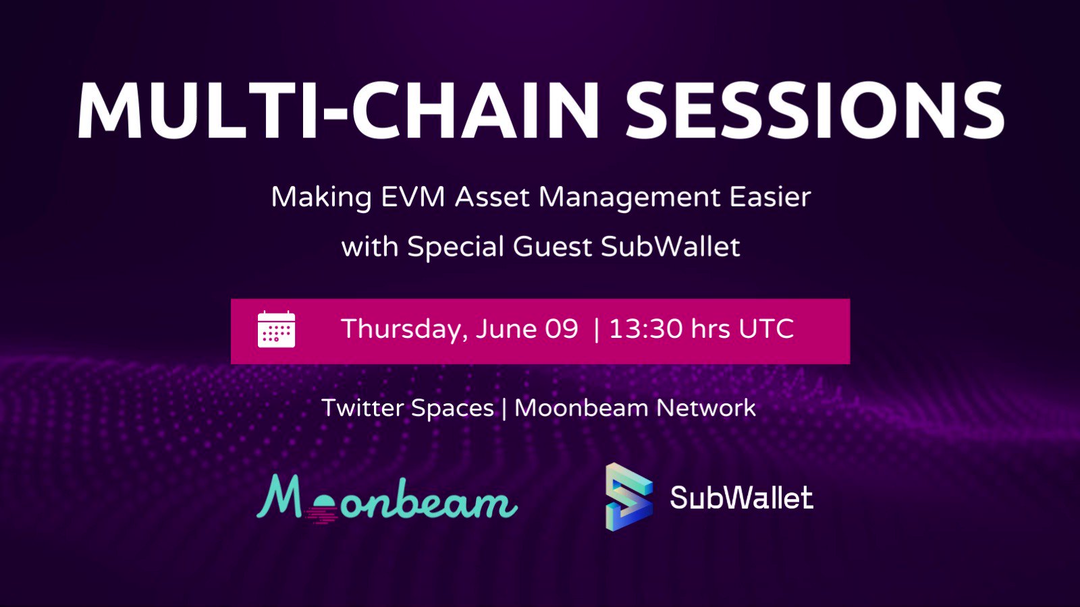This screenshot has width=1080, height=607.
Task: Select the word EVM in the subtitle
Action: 412,197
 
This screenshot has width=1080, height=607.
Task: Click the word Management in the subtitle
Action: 629,197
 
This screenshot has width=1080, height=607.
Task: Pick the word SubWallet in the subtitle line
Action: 670,247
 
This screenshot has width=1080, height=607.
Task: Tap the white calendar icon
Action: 276,330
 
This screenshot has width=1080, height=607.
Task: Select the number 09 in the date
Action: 562,329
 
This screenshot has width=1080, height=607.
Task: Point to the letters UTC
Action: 766,329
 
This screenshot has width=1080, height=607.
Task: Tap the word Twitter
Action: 362,408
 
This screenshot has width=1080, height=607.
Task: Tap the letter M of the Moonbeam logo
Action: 279,498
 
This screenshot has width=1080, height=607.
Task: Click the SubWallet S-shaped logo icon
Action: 628,497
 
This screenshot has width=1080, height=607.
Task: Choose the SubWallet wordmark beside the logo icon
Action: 741,498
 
